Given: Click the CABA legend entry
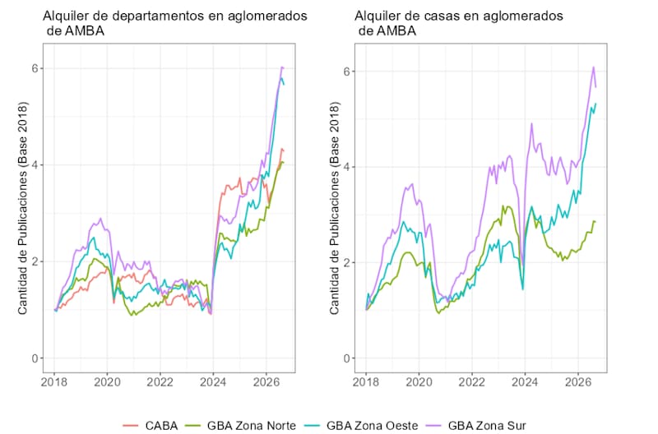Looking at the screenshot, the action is pos(151,425).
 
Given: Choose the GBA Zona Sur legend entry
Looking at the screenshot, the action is pos(476,425).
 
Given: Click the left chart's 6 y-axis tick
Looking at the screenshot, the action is pos(35,68).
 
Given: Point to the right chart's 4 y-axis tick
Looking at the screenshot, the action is pos(346,167).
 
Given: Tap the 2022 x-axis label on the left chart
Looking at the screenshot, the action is pos(160,382).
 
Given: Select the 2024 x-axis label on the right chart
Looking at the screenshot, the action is pos(525,382).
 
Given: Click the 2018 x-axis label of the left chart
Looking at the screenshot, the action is pos(54,382).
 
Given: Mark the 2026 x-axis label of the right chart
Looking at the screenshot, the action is pos(578,382).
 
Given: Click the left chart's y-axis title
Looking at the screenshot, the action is pos(22,208).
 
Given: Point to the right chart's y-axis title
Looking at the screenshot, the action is pos(334,208).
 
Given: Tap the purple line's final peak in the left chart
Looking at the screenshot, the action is pos(282,67).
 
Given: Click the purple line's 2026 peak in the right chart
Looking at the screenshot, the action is pos(593,67).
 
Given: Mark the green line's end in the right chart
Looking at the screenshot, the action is pos(595,221).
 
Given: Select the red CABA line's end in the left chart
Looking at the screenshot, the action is pos(284,150).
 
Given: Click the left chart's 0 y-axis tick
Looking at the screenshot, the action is pos(35,358).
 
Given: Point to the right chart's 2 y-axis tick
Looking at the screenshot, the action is pos(346,262).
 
